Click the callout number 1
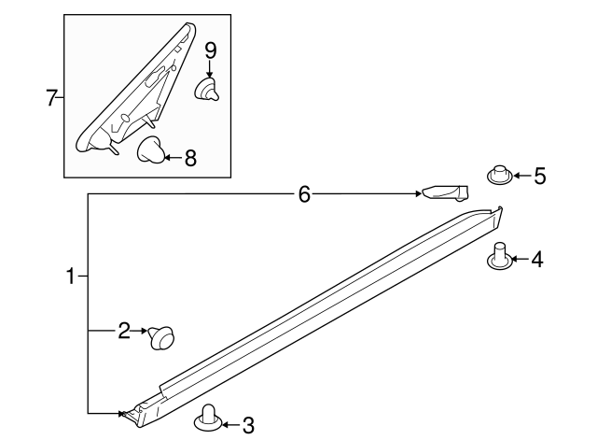click(69, 277)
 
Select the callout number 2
click(123, 330)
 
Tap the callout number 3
click(247, 426)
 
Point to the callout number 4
click(536, 260)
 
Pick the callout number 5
click(539, 175)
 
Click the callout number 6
click(303, 194)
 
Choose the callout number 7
click(52, 96)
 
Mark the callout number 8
click(190, 158)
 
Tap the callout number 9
click(210, 48)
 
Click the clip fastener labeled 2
click(162, 335)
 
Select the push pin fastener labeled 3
click(210, 420)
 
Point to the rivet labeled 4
click(501, 256)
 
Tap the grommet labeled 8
click(151, 149)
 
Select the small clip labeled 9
click(208, 90)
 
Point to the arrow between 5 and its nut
click(520, 175)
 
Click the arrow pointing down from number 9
click(210, 68)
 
